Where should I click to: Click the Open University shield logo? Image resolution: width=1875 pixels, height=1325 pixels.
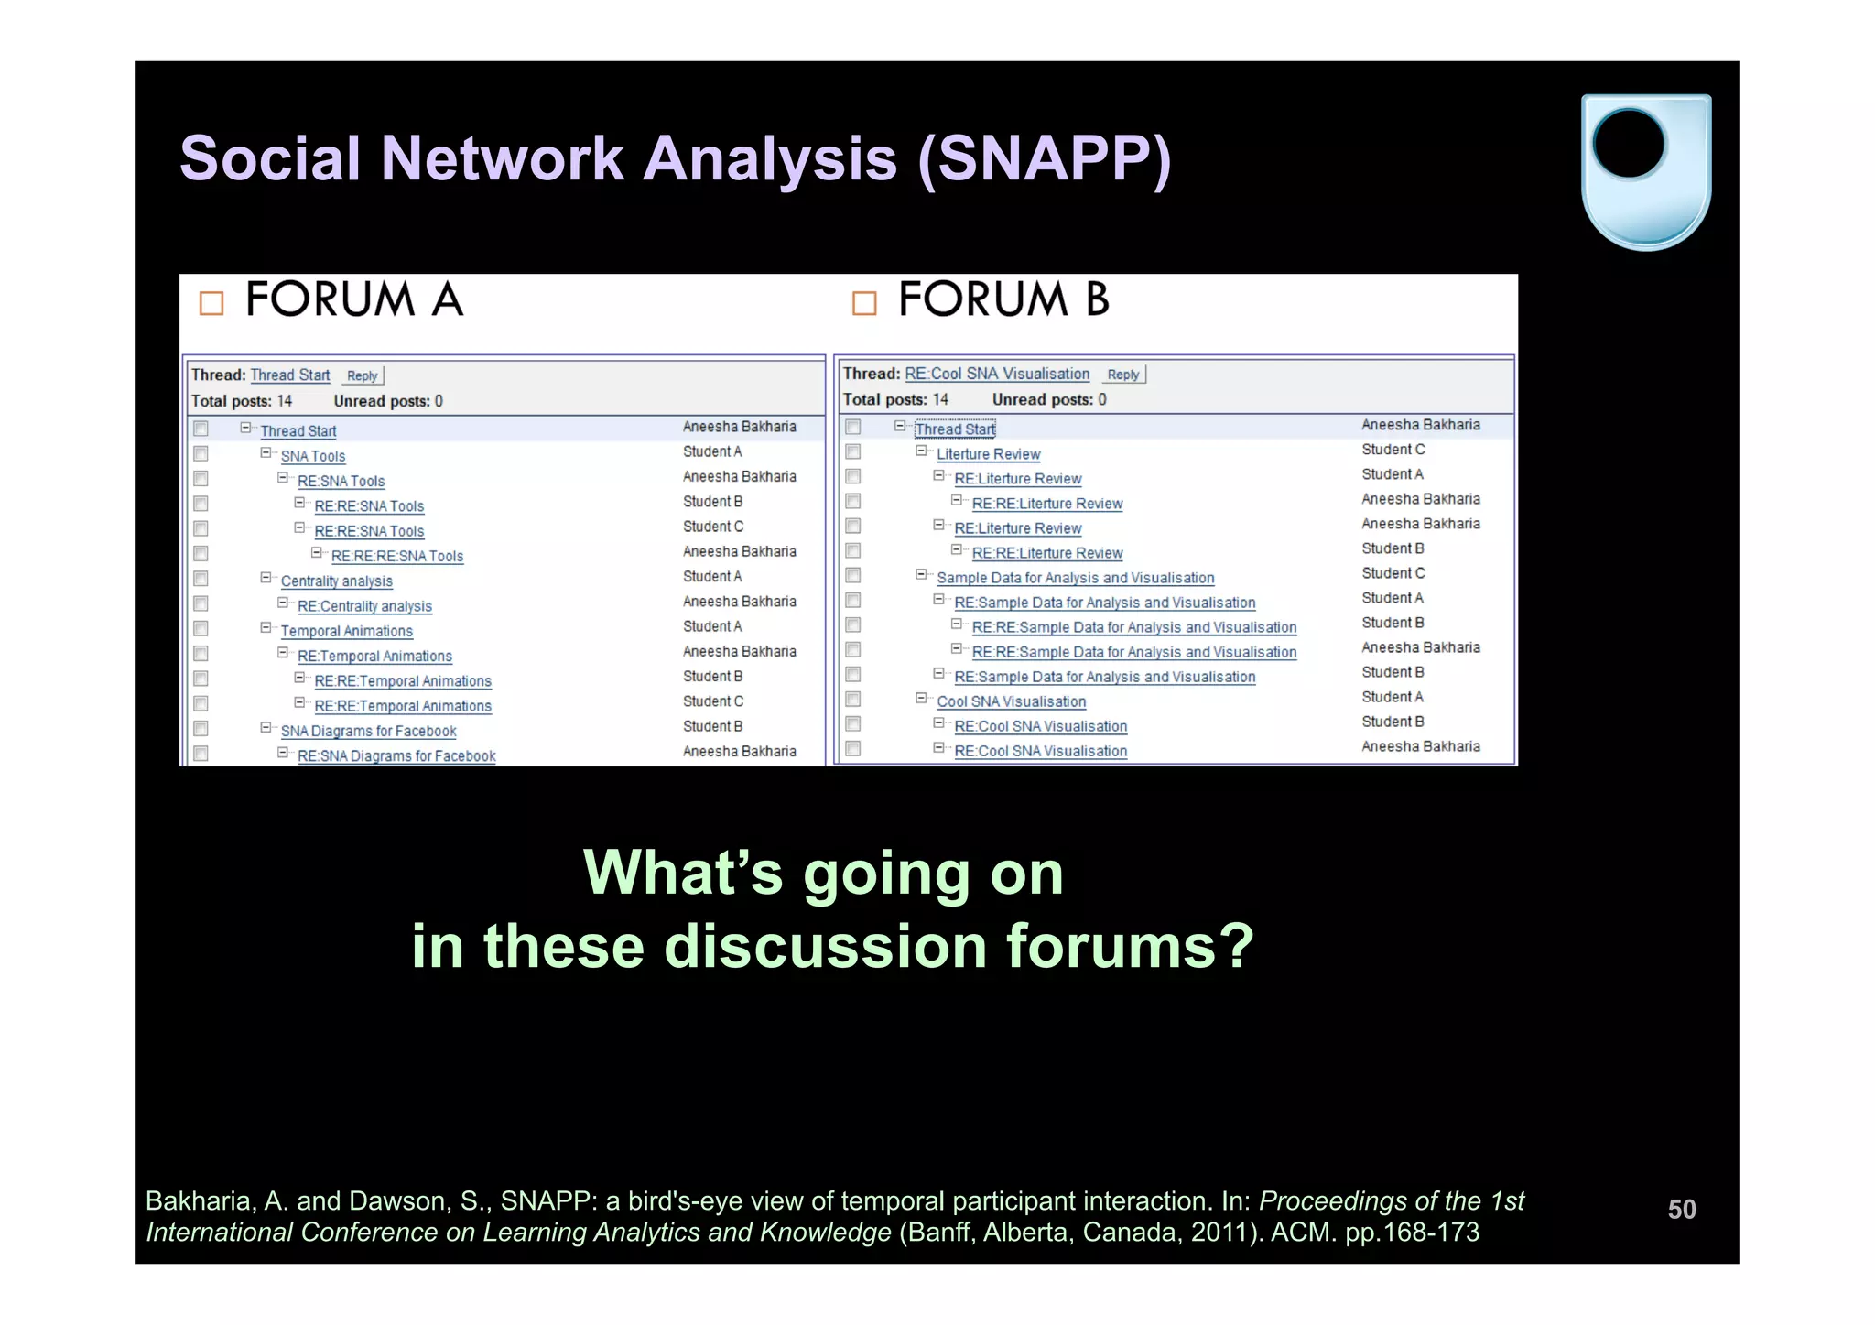1645,171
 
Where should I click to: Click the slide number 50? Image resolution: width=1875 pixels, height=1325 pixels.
1681,1209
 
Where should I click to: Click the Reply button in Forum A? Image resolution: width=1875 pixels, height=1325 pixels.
363,375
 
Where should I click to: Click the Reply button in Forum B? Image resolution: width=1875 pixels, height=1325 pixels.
1123,374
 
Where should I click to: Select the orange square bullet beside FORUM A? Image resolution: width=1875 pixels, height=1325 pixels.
211,303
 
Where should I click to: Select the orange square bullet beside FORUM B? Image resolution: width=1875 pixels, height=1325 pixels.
863,303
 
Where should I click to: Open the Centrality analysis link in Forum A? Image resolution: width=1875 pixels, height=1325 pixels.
336,581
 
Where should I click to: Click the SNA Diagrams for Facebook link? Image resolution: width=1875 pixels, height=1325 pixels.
368,732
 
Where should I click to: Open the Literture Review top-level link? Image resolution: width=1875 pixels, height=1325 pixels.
988,454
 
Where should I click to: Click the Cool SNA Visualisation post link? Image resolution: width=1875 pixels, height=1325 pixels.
1011,701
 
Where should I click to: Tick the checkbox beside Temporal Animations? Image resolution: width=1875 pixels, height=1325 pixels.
201,629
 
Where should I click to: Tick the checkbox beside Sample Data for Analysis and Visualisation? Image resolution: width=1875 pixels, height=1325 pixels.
852,575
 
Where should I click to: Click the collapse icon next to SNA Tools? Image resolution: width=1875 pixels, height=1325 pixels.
266,453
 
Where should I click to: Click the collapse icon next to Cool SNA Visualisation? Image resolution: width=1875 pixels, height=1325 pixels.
921,699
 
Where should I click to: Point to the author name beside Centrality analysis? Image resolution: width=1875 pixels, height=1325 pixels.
712,577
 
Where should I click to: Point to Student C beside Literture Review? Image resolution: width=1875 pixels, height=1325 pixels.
1393,450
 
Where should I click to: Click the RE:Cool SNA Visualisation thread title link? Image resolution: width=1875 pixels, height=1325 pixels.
997,374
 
